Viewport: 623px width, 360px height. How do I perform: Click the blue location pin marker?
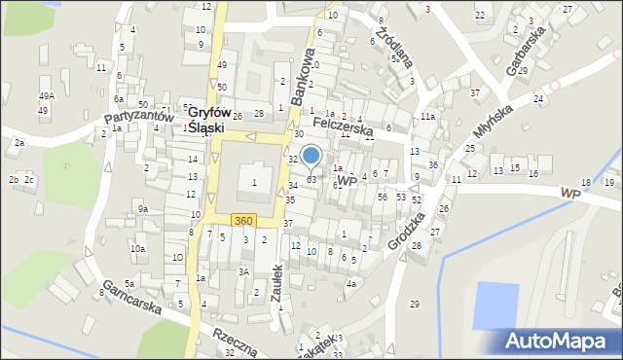[x=311, y=156]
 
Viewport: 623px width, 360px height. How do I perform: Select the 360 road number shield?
[x=243, y=221]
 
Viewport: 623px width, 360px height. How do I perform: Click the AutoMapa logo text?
[x=561, y=341]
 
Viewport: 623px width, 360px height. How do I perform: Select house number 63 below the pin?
[x=311, y=180]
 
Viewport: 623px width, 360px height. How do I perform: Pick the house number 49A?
[x=46, y=96]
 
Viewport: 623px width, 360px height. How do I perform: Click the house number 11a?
[x=427, y=117]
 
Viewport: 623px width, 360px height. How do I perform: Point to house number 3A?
[x=245, y=271]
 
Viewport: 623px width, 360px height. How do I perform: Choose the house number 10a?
[x=138, y=249]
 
